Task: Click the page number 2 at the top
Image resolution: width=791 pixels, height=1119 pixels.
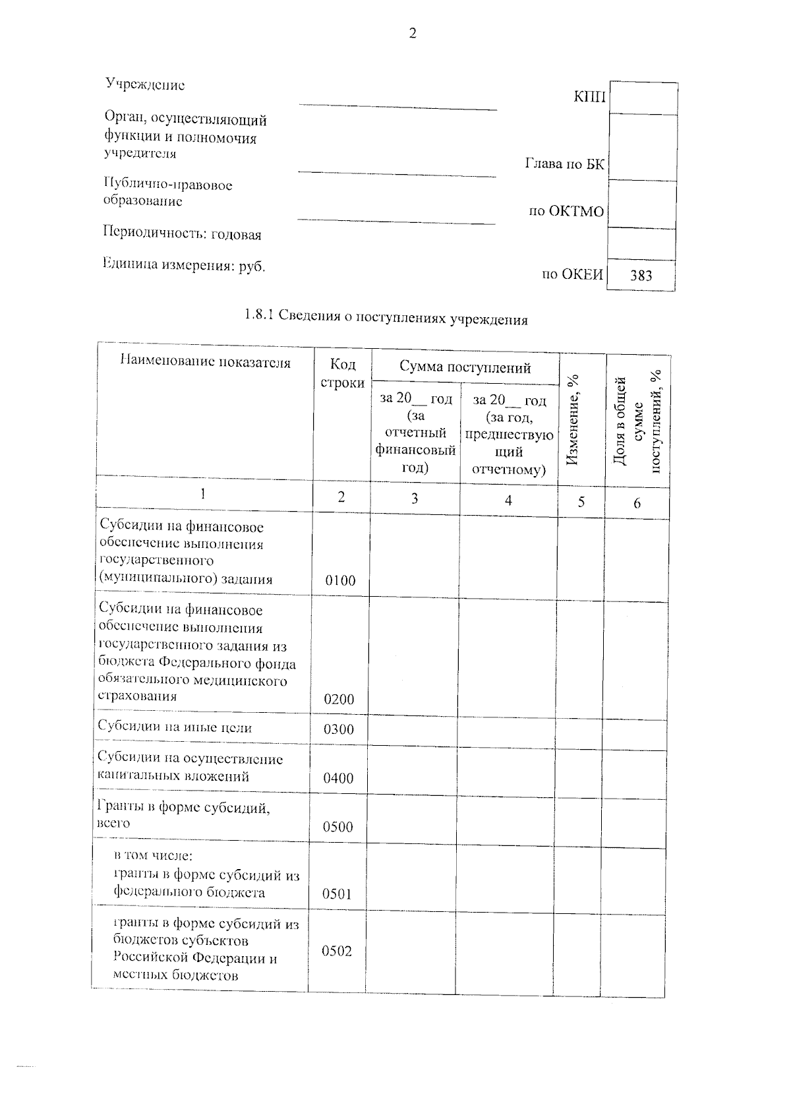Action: (413, 34)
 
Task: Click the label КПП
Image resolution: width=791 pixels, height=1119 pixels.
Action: (589, 97)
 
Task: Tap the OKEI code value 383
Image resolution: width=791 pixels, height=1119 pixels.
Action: (641, 276)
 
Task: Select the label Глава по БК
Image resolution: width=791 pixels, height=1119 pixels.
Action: (564, 164)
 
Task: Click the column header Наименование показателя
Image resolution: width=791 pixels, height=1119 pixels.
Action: (205, 362)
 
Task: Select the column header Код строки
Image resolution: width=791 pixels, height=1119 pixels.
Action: (342, 373)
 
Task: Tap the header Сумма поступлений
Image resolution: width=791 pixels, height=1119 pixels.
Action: (465, 367)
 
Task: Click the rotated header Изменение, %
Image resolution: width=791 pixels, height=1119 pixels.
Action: (573, 419)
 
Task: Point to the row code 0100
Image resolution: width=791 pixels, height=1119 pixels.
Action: (340, 581)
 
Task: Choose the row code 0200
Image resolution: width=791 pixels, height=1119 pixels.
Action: (339, 700)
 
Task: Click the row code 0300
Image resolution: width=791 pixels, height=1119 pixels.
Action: (339, 729)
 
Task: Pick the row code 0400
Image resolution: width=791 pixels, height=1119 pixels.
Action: (338, 778)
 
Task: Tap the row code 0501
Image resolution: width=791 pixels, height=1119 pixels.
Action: (337, 894)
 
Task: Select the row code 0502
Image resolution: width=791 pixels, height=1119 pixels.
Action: (336, 951)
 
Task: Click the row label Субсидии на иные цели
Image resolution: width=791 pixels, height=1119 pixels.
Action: (175, 727)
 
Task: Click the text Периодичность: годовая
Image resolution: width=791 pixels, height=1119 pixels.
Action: (182, 234)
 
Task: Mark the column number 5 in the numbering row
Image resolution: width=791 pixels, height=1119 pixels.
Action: (581, 502)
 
